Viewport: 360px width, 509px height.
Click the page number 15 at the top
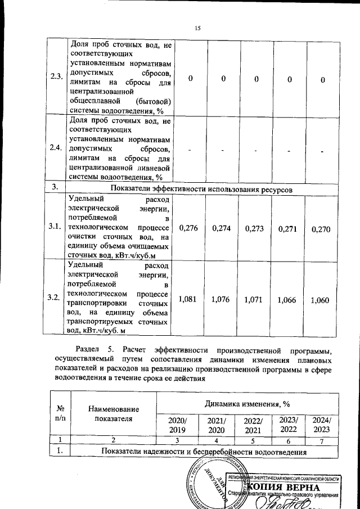tap(197, 28)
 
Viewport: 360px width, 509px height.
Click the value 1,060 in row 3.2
tap(319, 300)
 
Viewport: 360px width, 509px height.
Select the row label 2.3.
tap(55, 77)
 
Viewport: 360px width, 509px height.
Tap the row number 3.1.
tap(55, 227)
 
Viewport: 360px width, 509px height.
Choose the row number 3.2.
tap(55, 297)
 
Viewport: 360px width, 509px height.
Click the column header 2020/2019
tap(172, 425)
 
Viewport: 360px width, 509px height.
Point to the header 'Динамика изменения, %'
tap(247, 403)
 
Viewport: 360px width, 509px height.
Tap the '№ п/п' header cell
tap(60, 414)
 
